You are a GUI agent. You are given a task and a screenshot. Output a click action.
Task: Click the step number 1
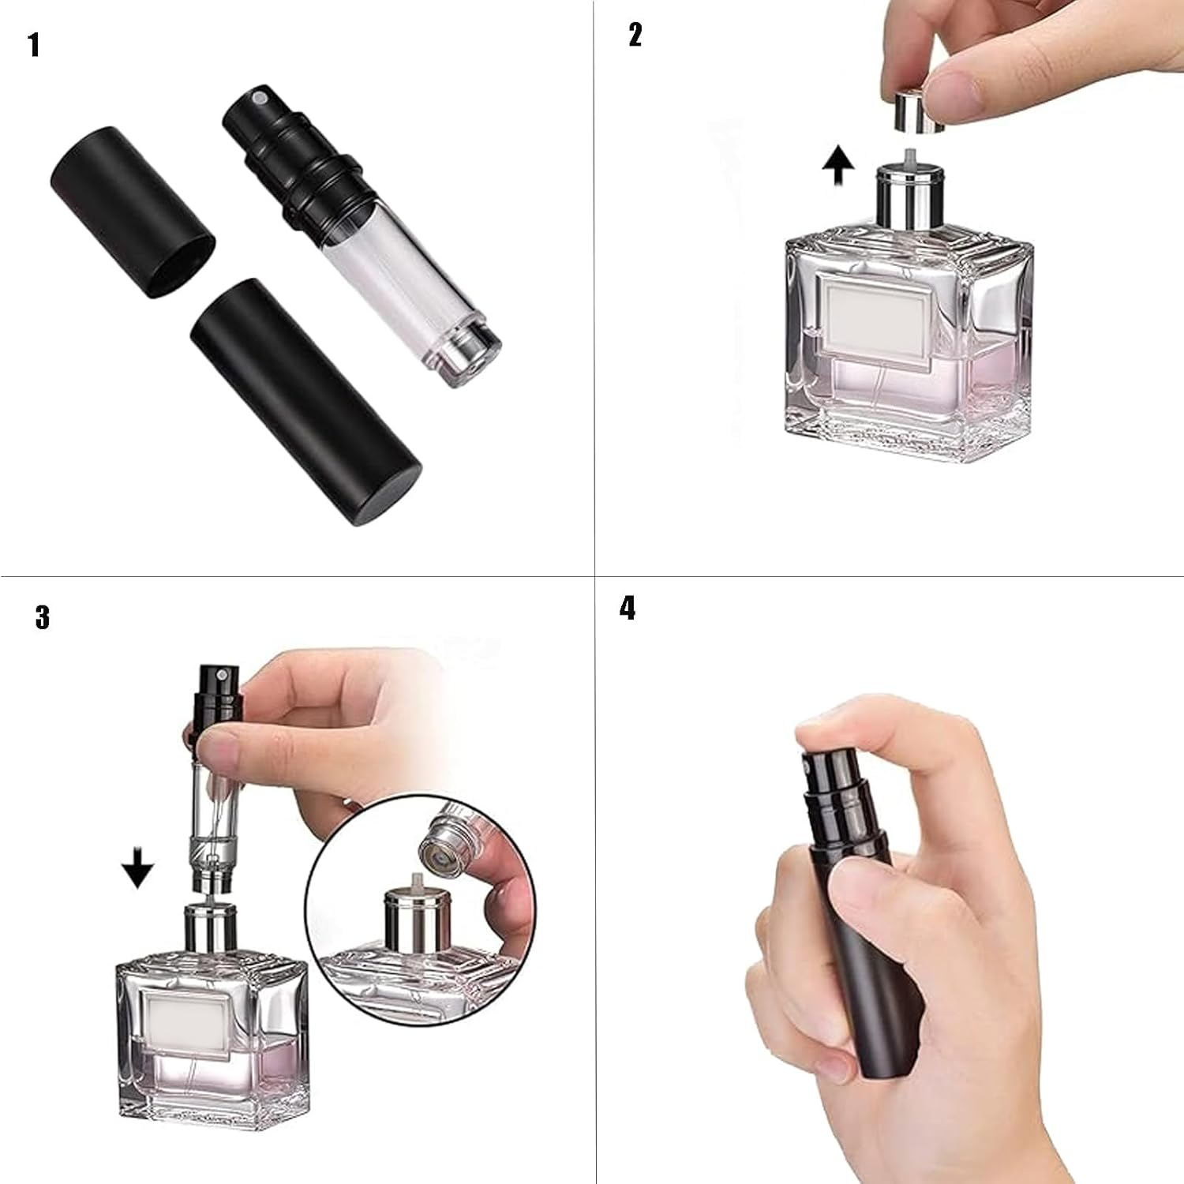(x=34, y=45)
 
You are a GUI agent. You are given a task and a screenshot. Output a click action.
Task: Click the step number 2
(x=635, y=35)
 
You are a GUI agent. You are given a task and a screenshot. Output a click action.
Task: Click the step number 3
(x=43, y=617)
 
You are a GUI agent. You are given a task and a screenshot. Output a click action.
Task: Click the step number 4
(x=628, y=609)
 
